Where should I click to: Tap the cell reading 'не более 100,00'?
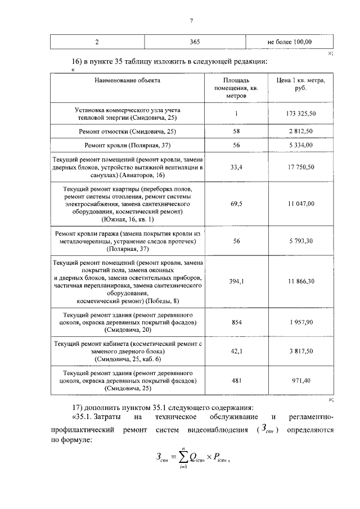point(289,42)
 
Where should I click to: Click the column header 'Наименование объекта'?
point(127,80)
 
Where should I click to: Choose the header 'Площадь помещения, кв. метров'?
point(236,88)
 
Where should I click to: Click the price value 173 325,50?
point(300,114)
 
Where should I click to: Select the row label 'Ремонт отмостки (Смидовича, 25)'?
point(127,131)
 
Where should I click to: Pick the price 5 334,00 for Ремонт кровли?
point(300,145)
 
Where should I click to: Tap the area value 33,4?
point(236,167)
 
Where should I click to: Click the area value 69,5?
point(236,204)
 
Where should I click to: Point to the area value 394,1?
point(236,281)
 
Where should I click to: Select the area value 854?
point(236,323)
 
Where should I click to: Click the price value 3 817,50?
point(300,351)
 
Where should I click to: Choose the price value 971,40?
point(300,381)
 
